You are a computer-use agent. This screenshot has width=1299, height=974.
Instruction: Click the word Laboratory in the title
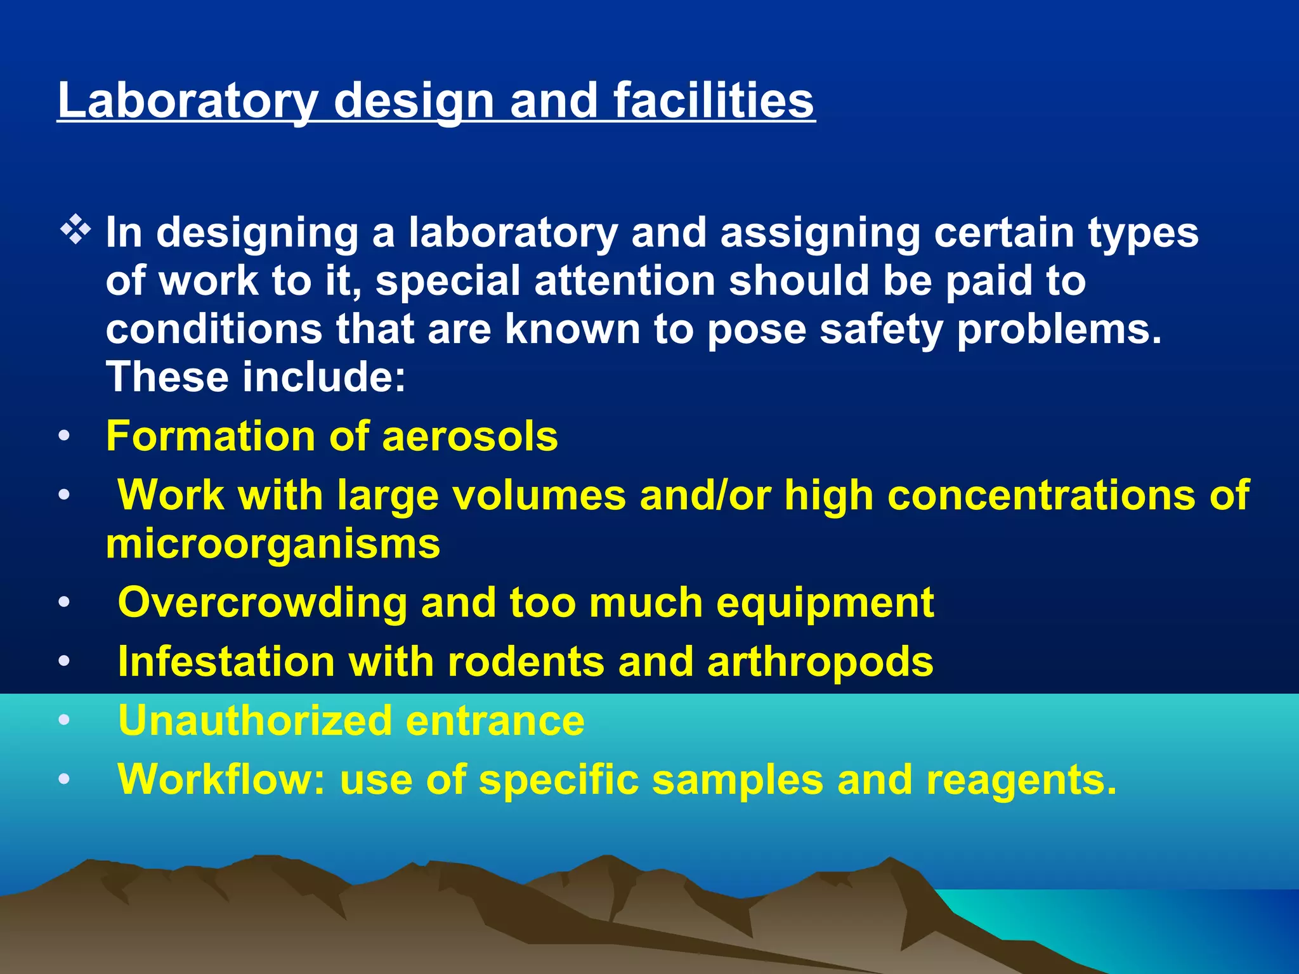point(188,101)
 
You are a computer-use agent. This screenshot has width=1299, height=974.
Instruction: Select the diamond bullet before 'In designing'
point(75,231)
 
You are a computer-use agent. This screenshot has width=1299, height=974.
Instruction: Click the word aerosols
point(470,436)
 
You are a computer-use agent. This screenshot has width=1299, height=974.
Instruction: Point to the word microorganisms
point(273,544)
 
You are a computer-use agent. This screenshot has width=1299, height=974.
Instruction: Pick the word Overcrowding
point(262,602)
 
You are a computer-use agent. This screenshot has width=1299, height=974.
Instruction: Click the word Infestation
point(226,661)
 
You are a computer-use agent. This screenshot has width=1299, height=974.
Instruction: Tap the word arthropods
point(820,661)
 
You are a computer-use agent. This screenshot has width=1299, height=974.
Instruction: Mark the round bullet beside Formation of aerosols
point(64,437)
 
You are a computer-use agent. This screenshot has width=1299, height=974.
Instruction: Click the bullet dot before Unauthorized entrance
point(64,721)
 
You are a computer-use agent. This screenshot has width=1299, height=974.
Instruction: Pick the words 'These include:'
point(256,377)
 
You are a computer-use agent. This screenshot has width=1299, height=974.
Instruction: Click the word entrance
point(495,720)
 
